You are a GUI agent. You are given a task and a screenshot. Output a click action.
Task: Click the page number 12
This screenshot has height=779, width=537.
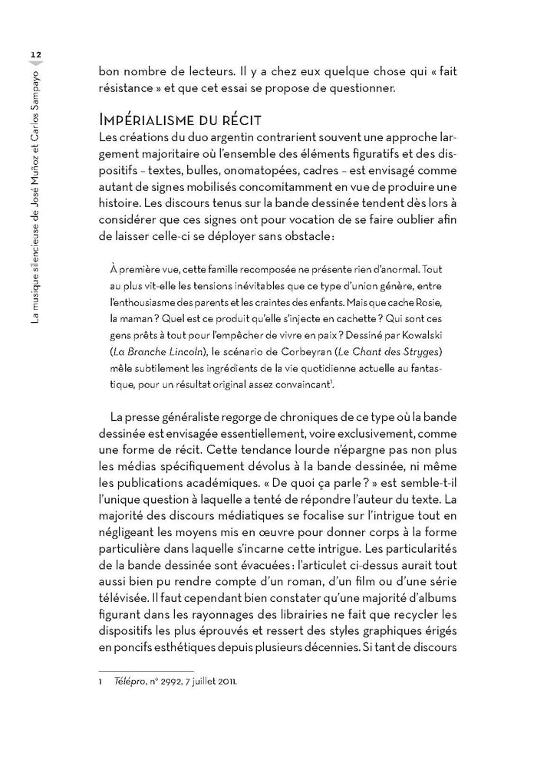35,53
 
